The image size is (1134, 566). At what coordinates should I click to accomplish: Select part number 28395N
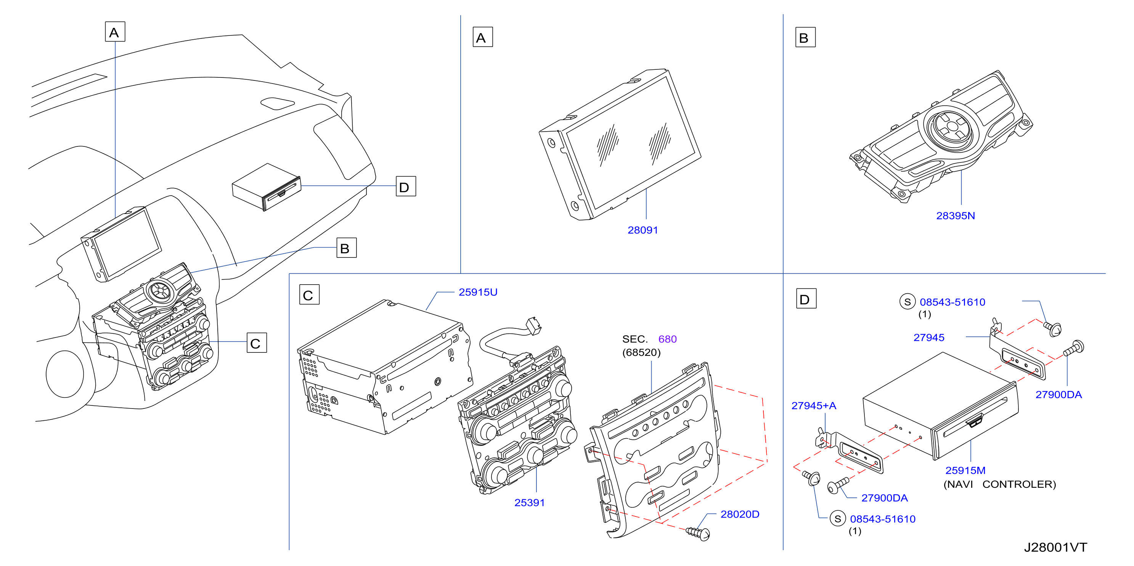[x=955, y=216]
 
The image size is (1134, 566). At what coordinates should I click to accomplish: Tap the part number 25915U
[x=478, y=292]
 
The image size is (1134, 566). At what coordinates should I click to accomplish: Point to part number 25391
[x=529, y=503]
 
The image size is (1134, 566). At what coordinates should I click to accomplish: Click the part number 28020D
[x=740, y=514]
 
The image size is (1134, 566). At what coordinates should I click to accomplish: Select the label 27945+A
[x=814, y=406]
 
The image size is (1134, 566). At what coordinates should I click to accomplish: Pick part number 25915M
[x=965, y=470]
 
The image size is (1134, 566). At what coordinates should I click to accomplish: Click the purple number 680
[x=667, y=339]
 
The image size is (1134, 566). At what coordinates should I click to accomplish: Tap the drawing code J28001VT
[x=1055, y=547]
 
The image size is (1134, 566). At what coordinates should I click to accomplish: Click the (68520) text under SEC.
[x=641, y=352]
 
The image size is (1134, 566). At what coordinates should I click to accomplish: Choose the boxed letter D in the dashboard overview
[x=405, y=187]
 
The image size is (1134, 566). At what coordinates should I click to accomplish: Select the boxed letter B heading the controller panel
[x=805, y=37]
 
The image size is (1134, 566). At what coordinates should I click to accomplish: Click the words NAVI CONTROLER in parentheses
[x=999, y=484]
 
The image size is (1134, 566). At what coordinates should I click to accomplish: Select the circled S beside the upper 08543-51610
[x=907, y=302]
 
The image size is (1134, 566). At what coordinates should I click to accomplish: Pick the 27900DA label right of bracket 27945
[x=1058, y=395]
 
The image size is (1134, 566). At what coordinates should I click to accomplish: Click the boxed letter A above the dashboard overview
[x=115, y=32]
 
